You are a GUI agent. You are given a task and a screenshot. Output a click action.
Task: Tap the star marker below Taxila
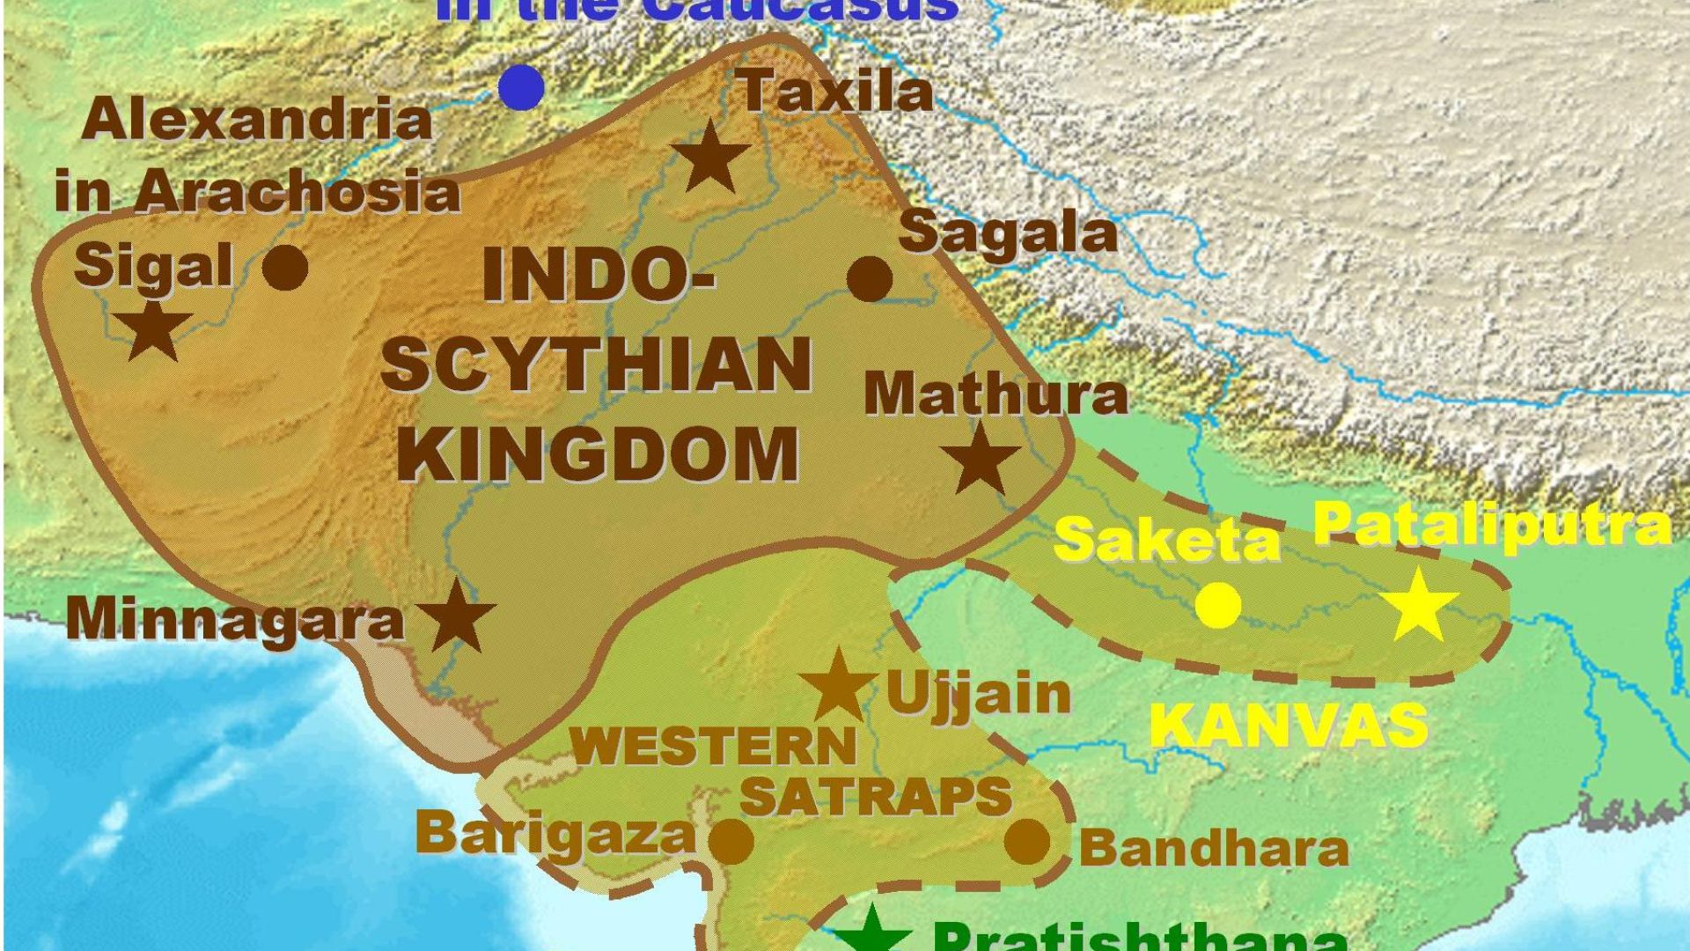710,158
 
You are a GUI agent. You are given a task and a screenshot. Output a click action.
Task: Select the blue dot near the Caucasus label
521,88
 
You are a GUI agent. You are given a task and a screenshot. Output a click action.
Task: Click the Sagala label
1008,234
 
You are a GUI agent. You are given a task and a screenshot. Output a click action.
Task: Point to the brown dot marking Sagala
870,279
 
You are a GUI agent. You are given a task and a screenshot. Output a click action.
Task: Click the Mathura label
996,394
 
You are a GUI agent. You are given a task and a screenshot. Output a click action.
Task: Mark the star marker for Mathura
981,459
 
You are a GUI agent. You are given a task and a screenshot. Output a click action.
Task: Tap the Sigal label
154,266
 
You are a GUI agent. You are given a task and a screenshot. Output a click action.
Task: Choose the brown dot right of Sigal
286,267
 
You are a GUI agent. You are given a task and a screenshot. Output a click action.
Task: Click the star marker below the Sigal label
154,330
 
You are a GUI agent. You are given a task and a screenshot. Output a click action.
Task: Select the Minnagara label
235,618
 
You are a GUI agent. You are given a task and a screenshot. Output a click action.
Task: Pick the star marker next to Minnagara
457,616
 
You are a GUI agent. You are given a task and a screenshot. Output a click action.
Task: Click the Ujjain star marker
837,687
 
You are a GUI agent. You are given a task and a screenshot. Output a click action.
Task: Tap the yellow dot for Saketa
1219,606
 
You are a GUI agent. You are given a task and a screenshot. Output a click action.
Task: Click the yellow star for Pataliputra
1419,606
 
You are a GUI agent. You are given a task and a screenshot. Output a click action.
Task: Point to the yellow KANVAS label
1289,726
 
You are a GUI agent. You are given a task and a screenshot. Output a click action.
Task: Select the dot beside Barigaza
731,842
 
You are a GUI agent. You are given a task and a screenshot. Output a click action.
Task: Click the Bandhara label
1214,849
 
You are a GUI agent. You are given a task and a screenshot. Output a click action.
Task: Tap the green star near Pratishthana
871,932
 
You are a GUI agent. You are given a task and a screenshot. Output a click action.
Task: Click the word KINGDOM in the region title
604,453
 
